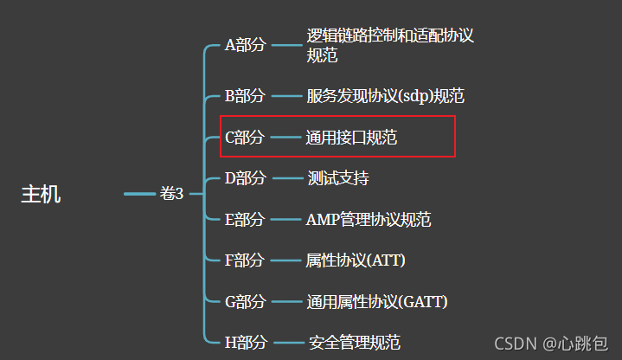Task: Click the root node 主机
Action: point(41,194)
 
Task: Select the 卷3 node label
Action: point(172,194)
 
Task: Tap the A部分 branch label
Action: point(245,46)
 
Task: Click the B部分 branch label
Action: point(245,95)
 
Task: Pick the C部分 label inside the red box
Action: point(245,137)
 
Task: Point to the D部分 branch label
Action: point(245,178)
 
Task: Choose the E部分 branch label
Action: point(245,219)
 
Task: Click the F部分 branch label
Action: point(245,260)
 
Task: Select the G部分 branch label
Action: point(245,301)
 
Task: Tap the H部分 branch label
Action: point(245,343)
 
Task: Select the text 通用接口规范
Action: point(351,137)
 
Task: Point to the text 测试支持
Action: point(337,178)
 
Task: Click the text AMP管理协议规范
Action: point(369,219)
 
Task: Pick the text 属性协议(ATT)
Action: point(356,260)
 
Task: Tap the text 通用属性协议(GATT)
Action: point(376,301)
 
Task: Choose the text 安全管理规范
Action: point(354,343)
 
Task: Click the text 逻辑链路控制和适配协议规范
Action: point(390,46)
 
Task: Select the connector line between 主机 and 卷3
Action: point(139,194)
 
